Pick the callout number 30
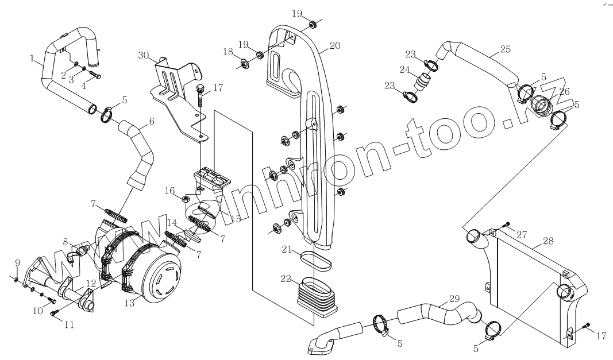coord(143,55)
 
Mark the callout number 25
coord(504,49)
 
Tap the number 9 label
coord(17,263)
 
